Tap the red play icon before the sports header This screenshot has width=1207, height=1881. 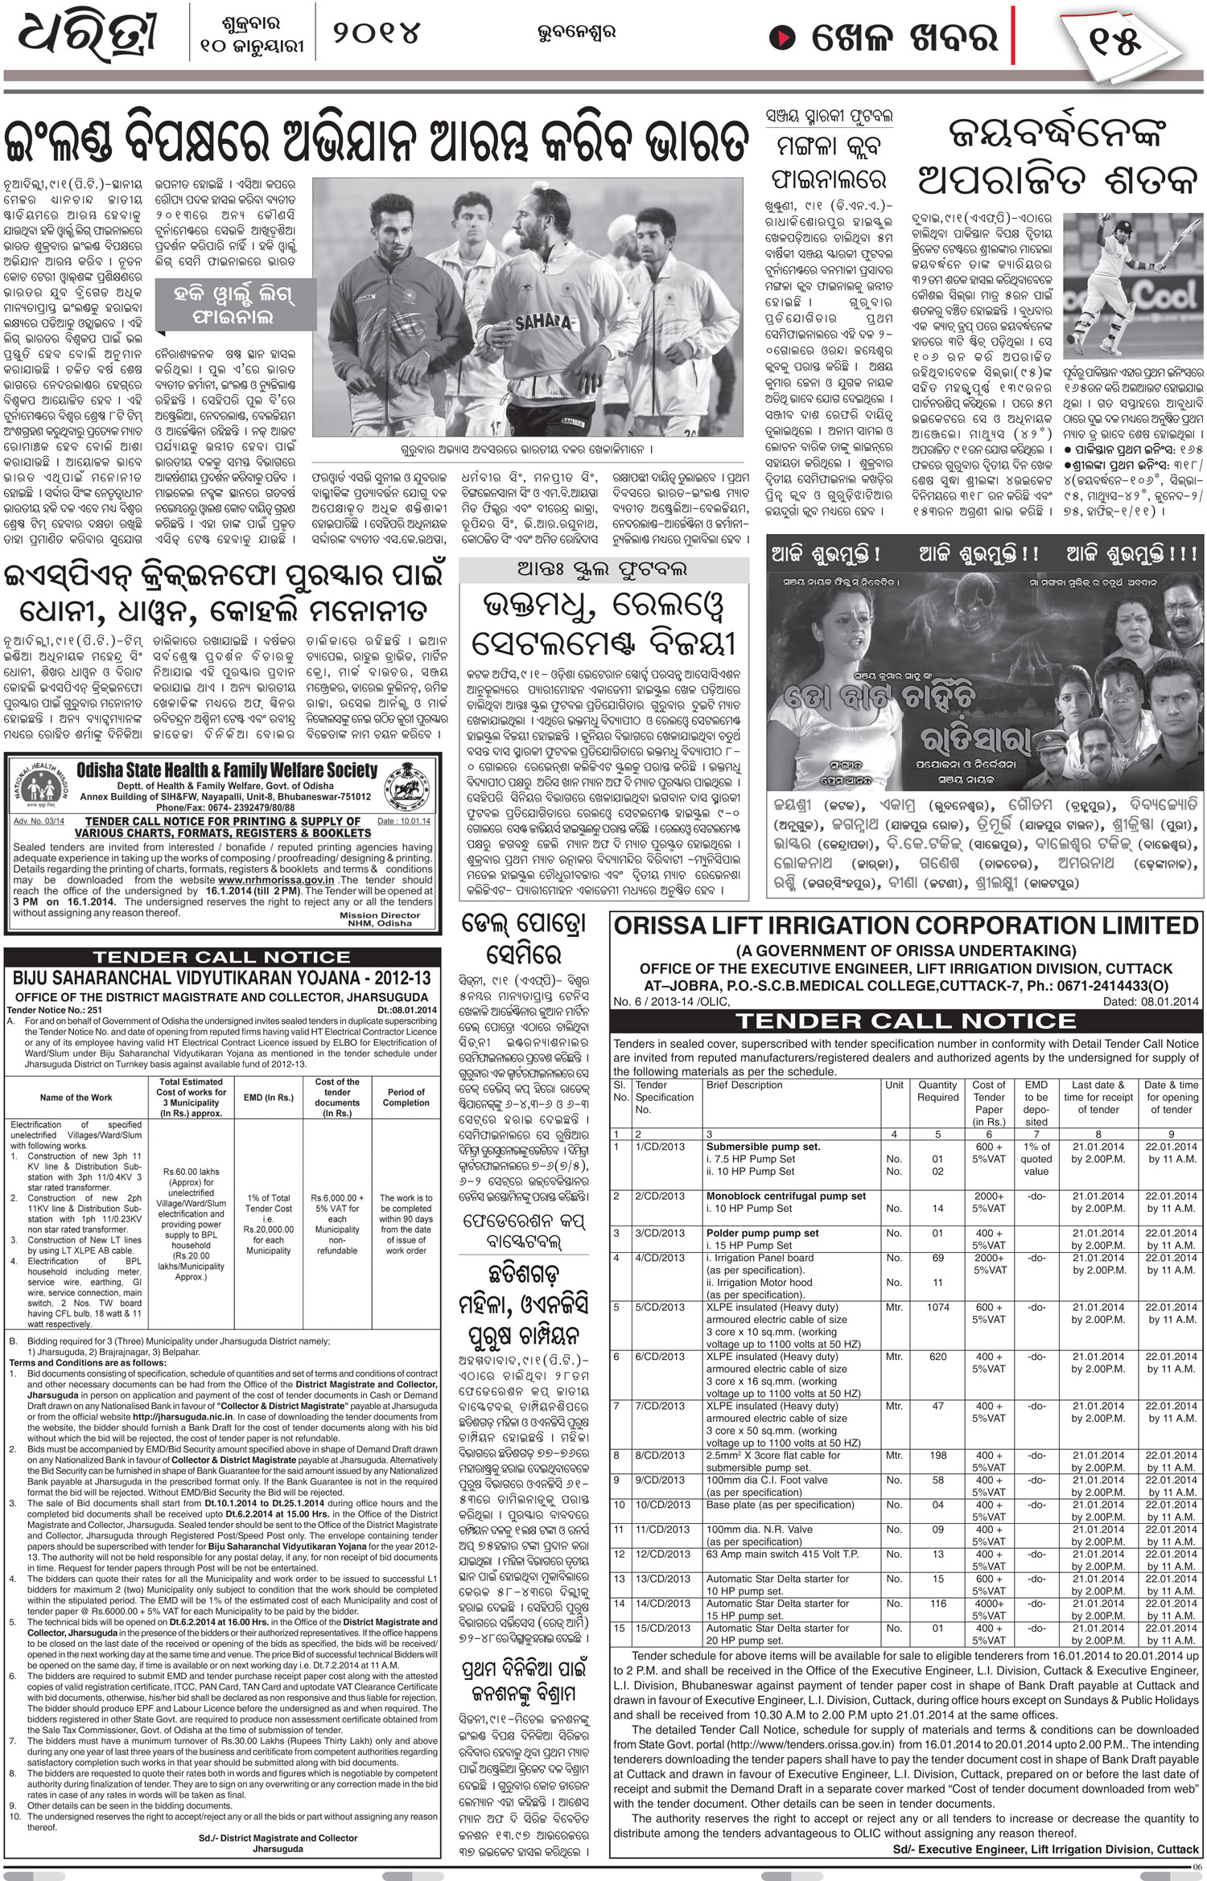click(x=781, y=38)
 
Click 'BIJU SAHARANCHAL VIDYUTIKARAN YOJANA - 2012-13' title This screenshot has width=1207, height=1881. click(x=221, y=978)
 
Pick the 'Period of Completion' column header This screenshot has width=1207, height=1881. click(x=406, y=1097)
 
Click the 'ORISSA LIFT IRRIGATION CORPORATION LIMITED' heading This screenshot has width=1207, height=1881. click(x=905, y=926)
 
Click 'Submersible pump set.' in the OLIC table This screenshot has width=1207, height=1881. click(x=763, y=1147)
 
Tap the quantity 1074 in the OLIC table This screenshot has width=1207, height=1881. click(x=937, y=1308)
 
